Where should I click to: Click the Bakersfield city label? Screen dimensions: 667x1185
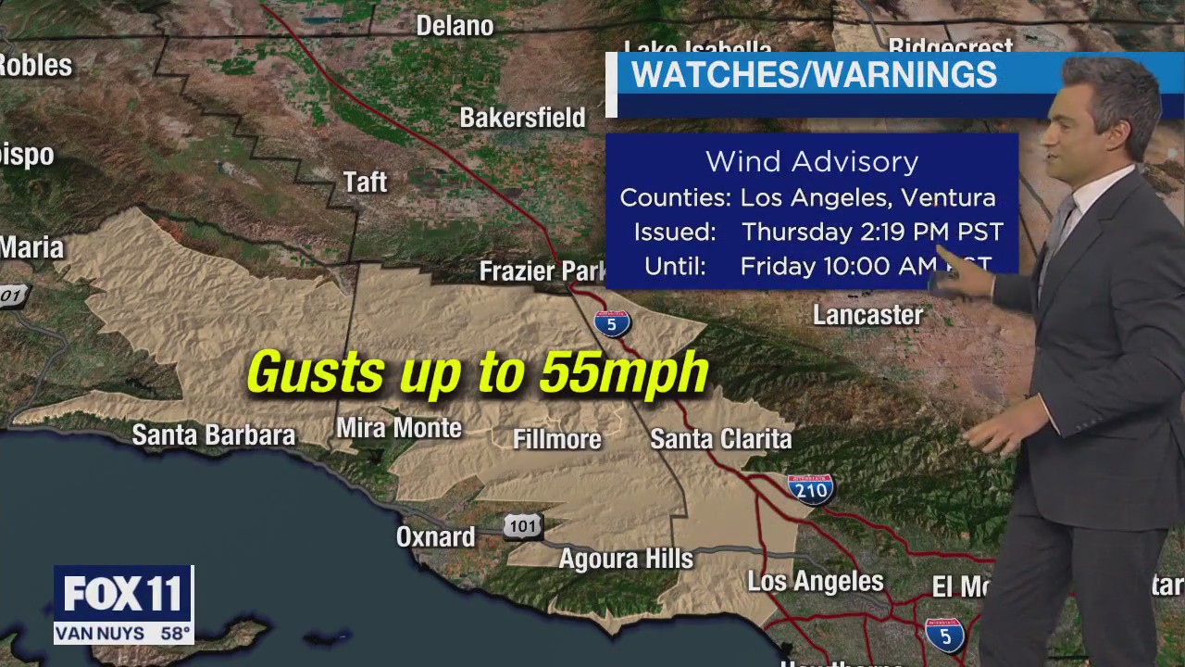click(x=522, y=118)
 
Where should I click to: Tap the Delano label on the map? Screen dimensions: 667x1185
click(x=455, y=26)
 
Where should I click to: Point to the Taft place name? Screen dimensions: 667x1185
click(x=365, y=182)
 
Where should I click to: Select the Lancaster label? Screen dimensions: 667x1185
click(x=867, y=315)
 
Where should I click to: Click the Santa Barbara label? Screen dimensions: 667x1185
click(x=213, y=434)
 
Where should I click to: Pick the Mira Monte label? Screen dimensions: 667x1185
click(x=398, y=428)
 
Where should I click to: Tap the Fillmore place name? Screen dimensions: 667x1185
click(x=556, y=439)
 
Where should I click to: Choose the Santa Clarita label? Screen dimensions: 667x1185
click(x=720, y=438)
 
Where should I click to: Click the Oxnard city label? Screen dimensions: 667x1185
click(x=435, y=536)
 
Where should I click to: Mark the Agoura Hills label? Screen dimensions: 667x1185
click(x=626, y=559)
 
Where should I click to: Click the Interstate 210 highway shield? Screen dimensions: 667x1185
click(x=810, y=488)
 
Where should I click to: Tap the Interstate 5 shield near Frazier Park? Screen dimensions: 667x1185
click(x=612, y=322)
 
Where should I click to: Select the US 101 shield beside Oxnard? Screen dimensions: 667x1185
click(x=523, y=526)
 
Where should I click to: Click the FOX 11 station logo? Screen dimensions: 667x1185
click(x=123, y=594)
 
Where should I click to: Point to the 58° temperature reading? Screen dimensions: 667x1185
click(x=174, y=635)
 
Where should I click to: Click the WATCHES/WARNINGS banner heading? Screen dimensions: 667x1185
click(x=813, y=75)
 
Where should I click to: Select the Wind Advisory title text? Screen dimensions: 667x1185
click(x=812, y=161)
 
